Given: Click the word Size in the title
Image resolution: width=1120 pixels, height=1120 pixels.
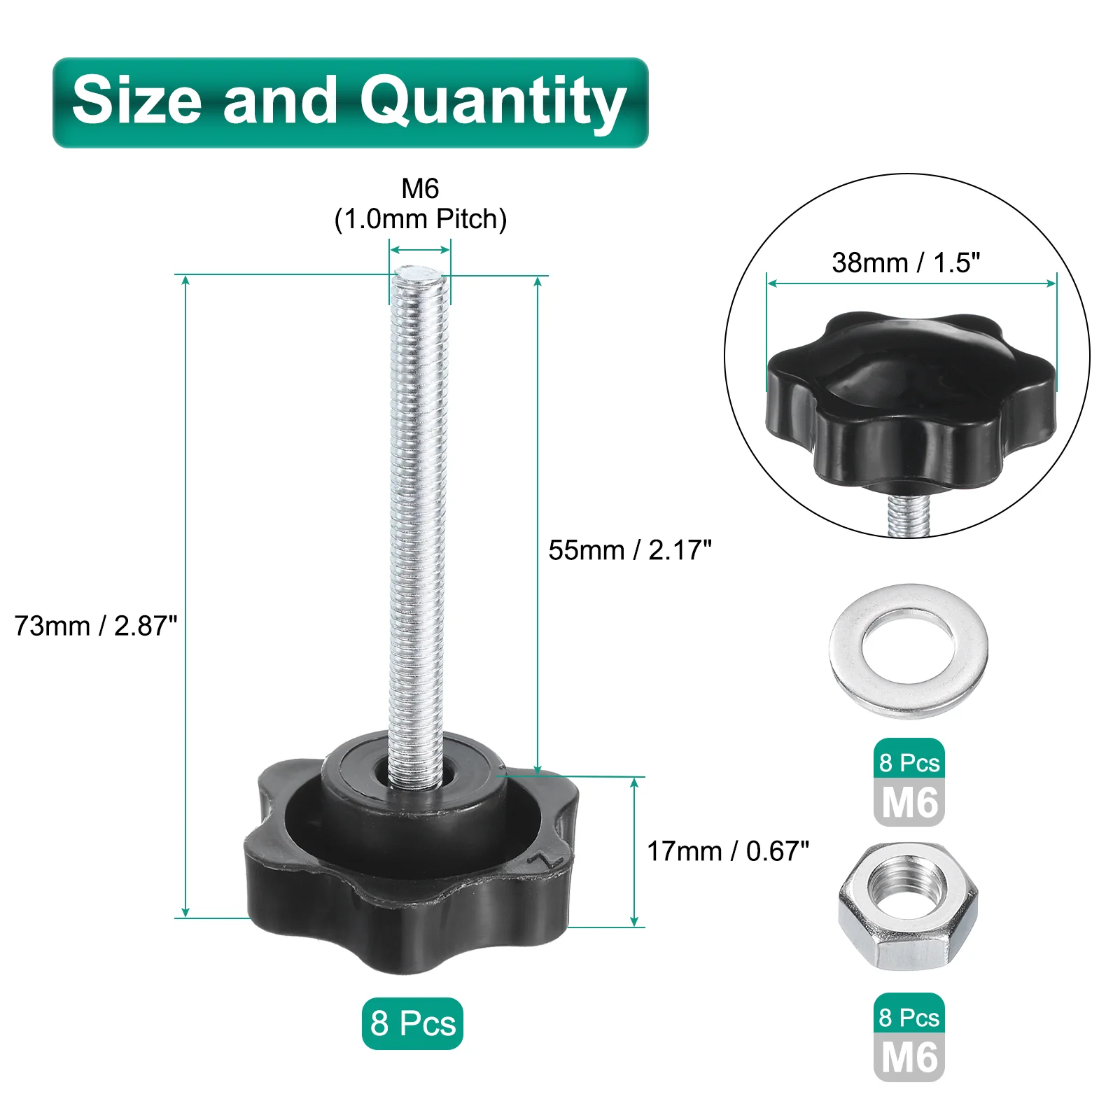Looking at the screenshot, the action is click(136, 100).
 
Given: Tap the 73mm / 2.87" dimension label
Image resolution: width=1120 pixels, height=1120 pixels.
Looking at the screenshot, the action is click(96, 626).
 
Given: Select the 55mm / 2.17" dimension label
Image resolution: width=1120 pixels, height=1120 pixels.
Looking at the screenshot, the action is click(630, 550).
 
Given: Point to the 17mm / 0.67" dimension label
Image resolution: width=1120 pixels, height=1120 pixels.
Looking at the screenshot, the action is click(728, 851).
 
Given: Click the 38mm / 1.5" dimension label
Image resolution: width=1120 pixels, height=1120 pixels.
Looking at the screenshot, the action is click(906, 262).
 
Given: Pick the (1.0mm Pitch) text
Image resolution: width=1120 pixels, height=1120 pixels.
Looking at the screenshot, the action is click(420, 219).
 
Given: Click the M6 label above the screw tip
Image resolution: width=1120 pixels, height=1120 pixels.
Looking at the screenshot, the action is click(420, 188).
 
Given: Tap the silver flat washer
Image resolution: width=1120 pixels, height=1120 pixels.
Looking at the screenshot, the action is click(909, 651).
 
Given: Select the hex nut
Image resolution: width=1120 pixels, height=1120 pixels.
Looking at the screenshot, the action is click(908, 907).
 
